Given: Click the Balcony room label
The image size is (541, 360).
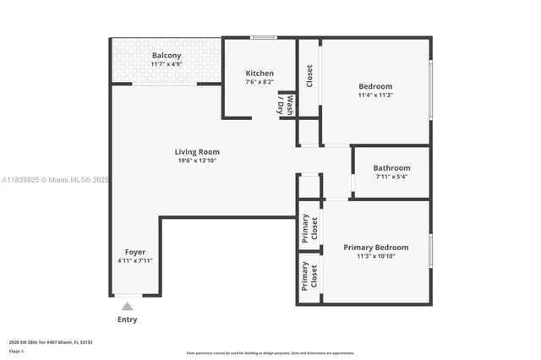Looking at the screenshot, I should point(167,56).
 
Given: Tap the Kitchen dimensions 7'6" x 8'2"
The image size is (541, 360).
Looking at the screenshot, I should point(260,82).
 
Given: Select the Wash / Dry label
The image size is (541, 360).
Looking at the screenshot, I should point(286,105).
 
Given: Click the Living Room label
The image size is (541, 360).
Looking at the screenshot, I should point(197,152).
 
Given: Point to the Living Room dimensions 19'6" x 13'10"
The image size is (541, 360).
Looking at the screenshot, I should point(197,161).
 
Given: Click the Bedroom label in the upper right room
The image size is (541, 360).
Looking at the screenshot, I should point(375,86).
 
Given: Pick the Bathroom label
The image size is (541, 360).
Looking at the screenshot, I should point(391,168).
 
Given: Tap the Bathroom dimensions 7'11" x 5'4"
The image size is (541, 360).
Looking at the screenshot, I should point(391,177).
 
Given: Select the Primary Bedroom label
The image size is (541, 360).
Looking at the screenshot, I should point(375,248).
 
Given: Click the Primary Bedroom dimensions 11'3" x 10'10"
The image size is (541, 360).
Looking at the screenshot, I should point(375,256).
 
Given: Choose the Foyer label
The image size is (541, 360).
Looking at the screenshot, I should point(135,252).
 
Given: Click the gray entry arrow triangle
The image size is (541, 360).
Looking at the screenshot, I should point(127,306).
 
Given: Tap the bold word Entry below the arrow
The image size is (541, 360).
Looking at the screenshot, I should point(127,319).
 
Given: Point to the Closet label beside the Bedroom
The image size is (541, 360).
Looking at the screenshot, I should point(309,75).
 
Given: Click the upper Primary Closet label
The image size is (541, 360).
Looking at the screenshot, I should point(309,228).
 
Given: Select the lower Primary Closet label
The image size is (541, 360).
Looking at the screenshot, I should point(309,276).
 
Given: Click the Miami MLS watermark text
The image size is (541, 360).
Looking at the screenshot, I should point(55,180).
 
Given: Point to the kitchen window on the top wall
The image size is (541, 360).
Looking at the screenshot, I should point(263,37).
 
